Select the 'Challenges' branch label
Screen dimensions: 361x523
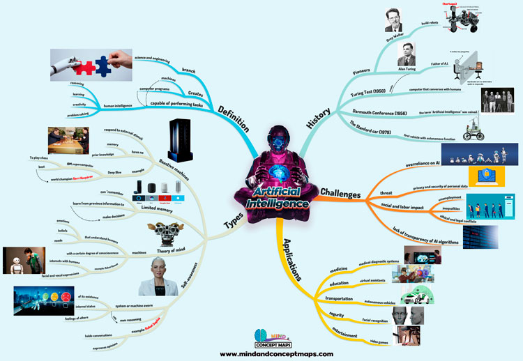344,191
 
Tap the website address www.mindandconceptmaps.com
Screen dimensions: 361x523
261,353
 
